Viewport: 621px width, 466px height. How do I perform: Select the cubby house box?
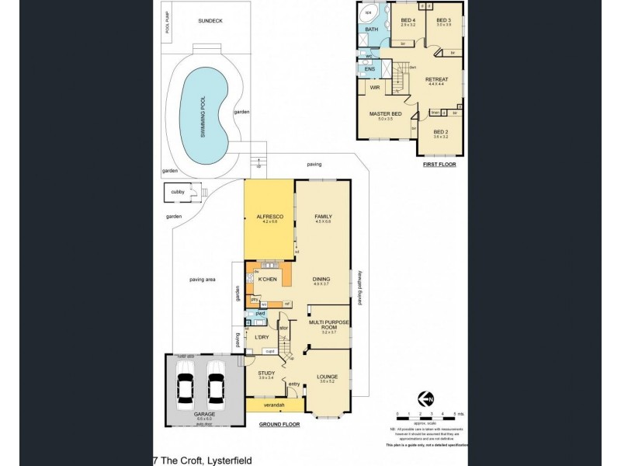coord(178,194)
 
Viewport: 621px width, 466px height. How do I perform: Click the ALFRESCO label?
coord(269,217)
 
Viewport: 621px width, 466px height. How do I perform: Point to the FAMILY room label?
coord(323,217)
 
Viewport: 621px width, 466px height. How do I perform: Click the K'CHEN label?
coord(269,279)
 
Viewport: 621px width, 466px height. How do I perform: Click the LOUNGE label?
coord(325,376)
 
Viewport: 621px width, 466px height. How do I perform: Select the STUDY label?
coord(266,374)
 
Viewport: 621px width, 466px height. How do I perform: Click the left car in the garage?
coord(186,386)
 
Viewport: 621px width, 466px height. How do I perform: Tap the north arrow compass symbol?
coord(425,398)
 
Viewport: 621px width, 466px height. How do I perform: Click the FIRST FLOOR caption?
coord(439,165)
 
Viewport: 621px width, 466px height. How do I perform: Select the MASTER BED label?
coord(386,114)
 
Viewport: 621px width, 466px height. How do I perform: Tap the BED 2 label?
coord(440,133)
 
